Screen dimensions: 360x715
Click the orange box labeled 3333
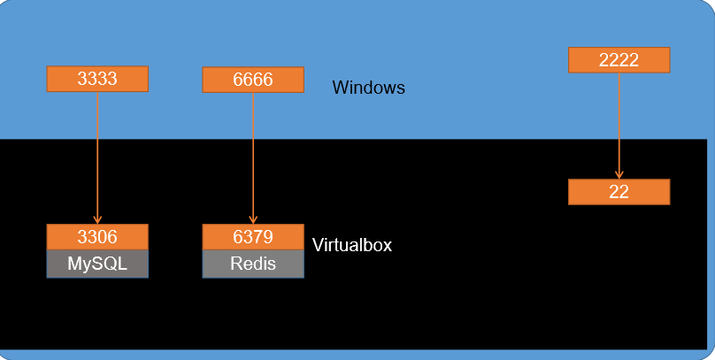pos(97,79)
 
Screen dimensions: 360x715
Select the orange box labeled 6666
pos(253,80)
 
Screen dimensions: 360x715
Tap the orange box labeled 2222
pos(619,59)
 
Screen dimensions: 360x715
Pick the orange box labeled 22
pos(619,192)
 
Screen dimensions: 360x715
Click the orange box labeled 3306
pos(97,237)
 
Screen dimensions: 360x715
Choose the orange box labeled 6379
pos(253,237)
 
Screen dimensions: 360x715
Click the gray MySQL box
pos(97,264)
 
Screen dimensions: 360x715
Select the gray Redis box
pos(253,264)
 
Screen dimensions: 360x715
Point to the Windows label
pos(368,88)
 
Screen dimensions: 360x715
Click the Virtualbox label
pos(351,245)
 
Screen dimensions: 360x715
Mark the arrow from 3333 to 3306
pos(97,155)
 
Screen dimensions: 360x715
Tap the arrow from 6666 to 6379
pos(253,155)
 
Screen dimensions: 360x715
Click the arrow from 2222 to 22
pos(619,124)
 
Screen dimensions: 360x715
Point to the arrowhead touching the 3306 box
pos(97,219)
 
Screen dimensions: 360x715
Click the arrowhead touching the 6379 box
pos(253,219)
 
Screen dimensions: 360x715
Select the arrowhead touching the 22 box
pos(619,174)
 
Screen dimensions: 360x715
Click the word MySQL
pos(97,264)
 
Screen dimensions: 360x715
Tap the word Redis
pos(253,264)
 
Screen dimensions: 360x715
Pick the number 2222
pos(619,59)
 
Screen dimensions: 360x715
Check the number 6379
pos(253,237)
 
